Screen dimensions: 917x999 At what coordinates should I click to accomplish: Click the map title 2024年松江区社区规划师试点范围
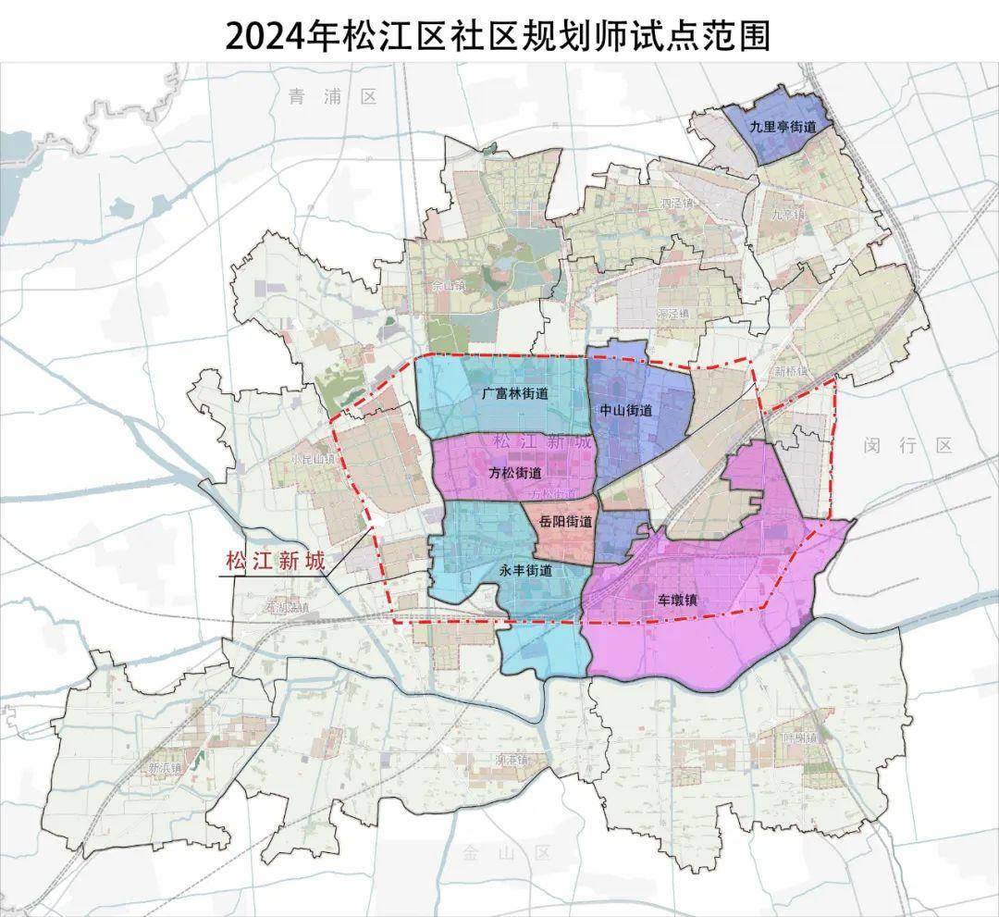pos(499,34)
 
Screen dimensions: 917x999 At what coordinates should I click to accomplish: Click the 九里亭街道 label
pos(783,128)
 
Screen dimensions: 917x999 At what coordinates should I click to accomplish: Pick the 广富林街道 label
pos(514,393)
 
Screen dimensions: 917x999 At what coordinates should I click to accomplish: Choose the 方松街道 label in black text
pos(515,473)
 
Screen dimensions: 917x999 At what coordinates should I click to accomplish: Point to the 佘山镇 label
pos(447,287)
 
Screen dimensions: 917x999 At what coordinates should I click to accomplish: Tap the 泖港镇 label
pos(510,759)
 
